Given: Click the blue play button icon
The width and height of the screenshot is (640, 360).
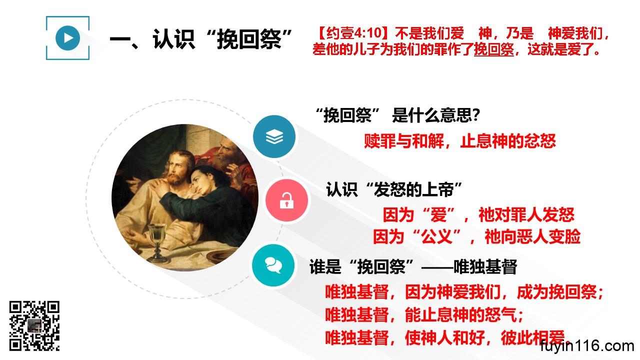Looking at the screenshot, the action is pos(67,38).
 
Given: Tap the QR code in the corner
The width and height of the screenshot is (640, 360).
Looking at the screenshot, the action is pos(34,325).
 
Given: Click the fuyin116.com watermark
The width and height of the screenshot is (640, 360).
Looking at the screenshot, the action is pos(587,346).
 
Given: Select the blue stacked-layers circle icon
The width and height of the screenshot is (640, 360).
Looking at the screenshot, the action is pos(274,136).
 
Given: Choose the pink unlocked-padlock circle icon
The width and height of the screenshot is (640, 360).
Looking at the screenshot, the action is pos(286,200).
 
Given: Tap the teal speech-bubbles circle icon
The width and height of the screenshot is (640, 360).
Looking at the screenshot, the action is pos(273,265).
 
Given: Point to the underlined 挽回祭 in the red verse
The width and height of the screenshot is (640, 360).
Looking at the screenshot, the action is pos(493,49).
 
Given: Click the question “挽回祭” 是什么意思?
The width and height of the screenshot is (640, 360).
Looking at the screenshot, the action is pos(397,115).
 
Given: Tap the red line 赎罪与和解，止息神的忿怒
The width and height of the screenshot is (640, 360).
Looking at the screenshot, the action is pos(460,141).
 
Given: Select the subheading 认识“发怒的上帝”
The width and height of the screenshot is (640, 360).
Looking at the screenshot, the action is pos(394,189).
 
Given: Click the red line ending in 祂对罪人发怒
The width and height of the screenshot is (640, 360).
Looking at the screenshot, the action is pos(478,215).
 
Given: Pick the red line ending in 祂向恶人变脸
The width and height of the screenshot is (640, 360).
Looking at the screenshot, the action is pos(477,236).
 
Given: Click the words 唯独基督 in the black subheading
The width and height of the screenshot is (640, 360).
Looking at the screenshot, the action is pos(485,266).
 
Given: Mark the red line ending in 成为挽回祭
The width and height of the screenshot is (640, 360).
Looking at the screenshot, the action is pos(464,292).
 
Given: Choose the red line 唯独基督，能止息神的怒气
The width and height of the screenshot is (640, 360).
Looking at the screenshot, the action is pos(424,314).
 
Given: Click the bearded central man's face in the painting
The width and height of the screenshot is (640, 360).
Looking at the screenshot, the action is pos(176,168).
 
